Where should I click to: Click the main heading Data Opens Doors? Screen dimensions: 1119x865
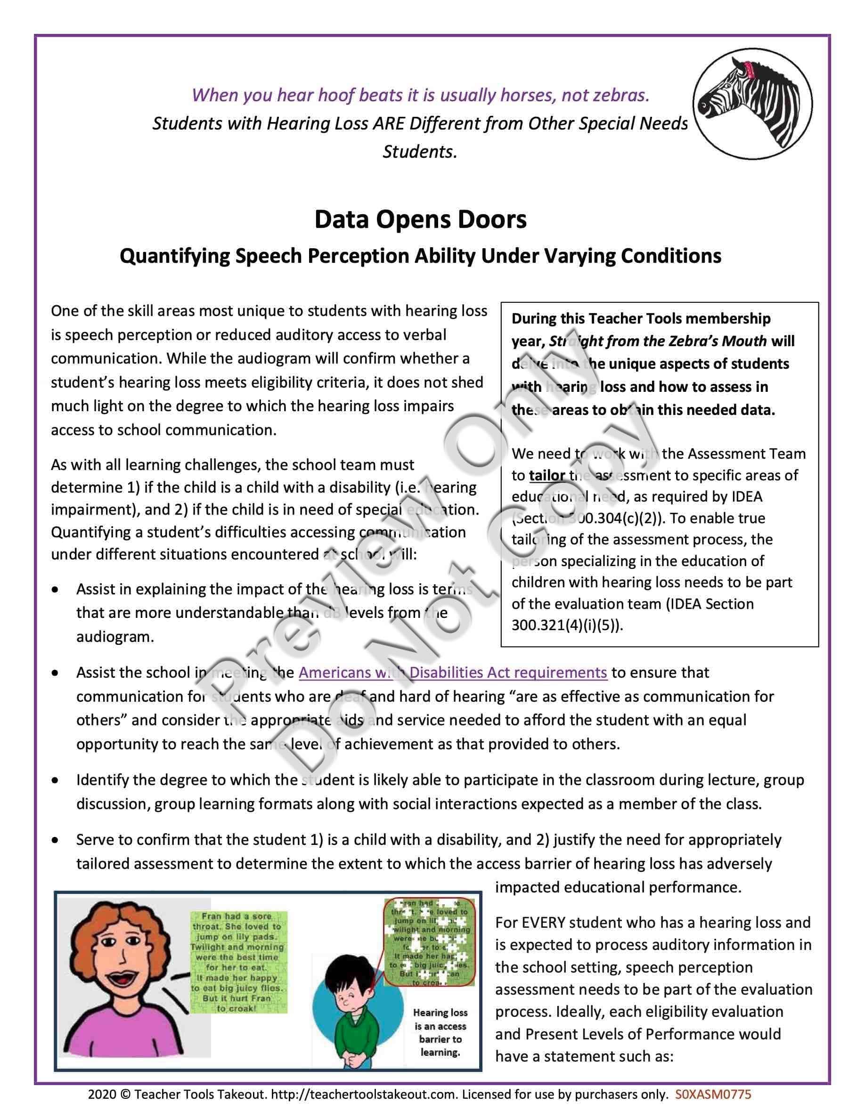coord(420,219)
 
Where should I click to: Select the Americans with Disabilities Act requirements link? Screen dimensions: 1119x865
coord(453,672)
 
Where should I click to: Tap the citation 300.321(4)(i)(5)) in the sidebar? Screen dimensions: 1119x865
coord(567,625)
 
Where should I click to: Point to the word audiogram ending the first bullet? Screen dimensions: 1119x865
coord(115,637)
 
